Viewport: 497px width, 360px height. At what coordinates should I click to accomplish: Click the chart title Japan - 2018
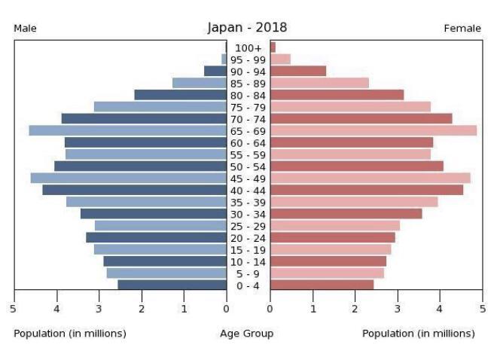click(247, 28)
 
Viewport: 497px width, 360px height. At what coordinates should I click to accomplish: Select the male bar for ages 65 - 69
click(127, 130)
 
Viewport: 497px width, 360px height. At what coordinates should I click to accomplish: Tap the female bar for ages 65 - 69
click(374, 130)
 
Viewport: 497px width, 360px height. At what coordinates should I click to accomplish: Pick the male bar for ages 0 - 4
click(172, 285)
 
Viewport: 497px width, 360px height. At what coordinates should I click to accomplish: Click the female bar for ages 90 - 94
click(298, 71)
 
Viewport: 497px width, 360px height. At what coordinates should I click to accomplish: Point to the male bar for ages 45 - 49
click(128, 178)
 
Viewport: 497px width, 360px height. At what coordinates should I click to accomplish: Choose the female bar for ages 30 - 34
click(346, 214)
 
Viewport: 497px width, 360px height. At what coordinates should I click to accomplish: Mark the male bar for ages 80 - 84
click(180, 95)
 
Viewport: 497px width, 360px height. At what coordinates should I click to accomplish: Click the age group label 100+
click(248, 47)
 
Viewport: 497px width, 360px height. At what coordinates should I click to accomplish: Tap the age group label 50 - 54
click(248, 166)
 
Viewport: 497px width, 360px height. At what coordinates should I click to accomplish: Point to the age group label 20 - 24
click(248, 238)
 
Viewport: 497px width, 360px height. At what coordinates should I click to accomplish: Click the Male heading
click(25, 29)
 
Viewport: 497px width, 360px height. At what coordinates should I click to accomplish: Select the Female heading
click(462, 29)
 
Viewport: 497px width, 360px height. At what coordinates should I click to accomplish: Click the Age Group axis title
click(247, 333)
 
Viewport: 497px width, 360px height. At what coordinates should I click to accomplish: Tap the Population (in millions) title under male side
click(70, 333)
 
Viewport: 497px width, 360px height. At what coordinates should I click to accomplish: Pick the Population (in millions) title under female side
click(419, 333)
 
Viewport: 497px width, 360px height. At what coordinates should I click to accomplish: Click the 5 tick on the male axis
click(14, 307)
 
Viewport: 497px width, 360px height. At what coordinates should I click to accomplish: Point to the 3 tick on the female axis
click(398, 307)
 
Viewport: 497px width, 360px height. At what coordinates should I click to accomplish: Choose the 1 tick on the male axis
click(184, 307)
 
